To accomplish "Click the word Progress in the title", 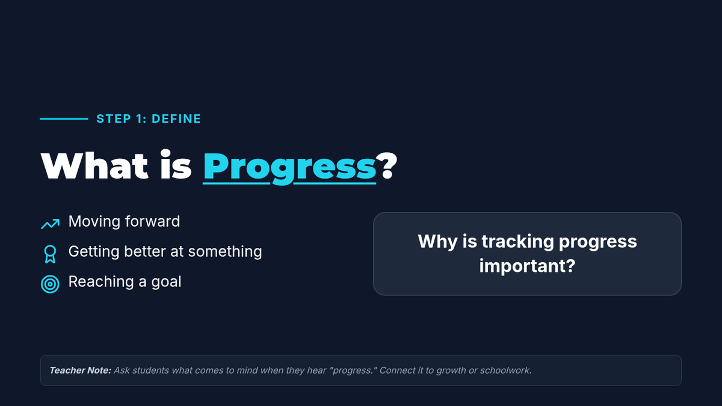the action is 289,167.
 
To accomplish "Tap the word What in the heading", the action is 94,165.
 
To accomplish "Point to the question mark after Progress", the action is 387,165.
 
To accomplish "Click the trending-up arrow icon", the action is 51,224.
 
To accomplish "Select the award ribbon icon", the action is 50,254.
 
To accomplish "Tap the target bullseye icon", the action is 50,284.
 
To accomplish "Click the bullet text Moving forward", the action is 124,221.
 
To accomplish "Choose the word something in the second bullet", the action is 225,251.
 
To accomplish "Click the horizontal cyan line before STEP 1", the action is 64,119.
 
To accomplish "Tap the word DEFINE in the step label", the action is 176,119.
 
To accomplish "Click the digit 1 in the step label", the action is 140,119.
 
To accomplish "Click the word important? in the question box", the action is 527,266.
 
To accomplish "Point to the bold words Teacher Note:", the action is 80,371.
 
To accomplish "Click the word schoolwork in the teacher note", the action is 506,371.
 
